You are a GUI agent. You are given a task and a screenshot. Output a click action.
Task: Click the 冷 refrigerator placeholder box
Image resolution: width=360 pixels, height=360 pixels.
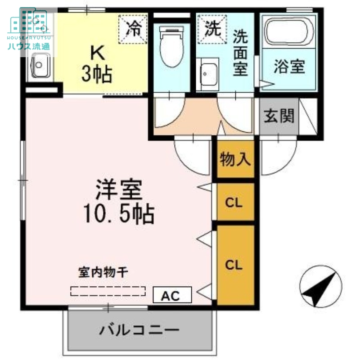coord(133,29)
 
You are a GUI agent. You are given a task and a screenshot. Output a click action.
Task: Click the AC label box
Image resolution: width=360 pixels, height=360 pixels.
coord(172,295)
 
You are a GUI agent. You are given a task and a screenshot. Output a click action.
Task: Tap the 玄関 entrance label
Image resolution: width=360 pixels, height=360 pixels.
coord(279,116)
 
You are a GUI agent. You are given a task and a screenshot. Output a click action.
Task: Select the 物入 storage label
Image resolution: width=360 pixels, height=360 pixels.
coord(235,159)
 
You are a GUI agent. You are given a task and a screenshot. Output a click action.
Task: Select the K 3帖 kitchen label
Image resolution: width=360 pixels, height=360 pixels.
coord(97,63)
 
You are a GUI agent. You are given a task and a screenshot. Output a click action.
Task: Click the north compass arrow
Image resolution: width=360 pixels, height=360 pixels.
coord(321,286)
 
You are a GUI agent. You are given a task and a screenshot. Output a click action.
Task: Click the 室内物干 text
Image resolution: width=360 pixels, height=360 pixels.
coord(104,272)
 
